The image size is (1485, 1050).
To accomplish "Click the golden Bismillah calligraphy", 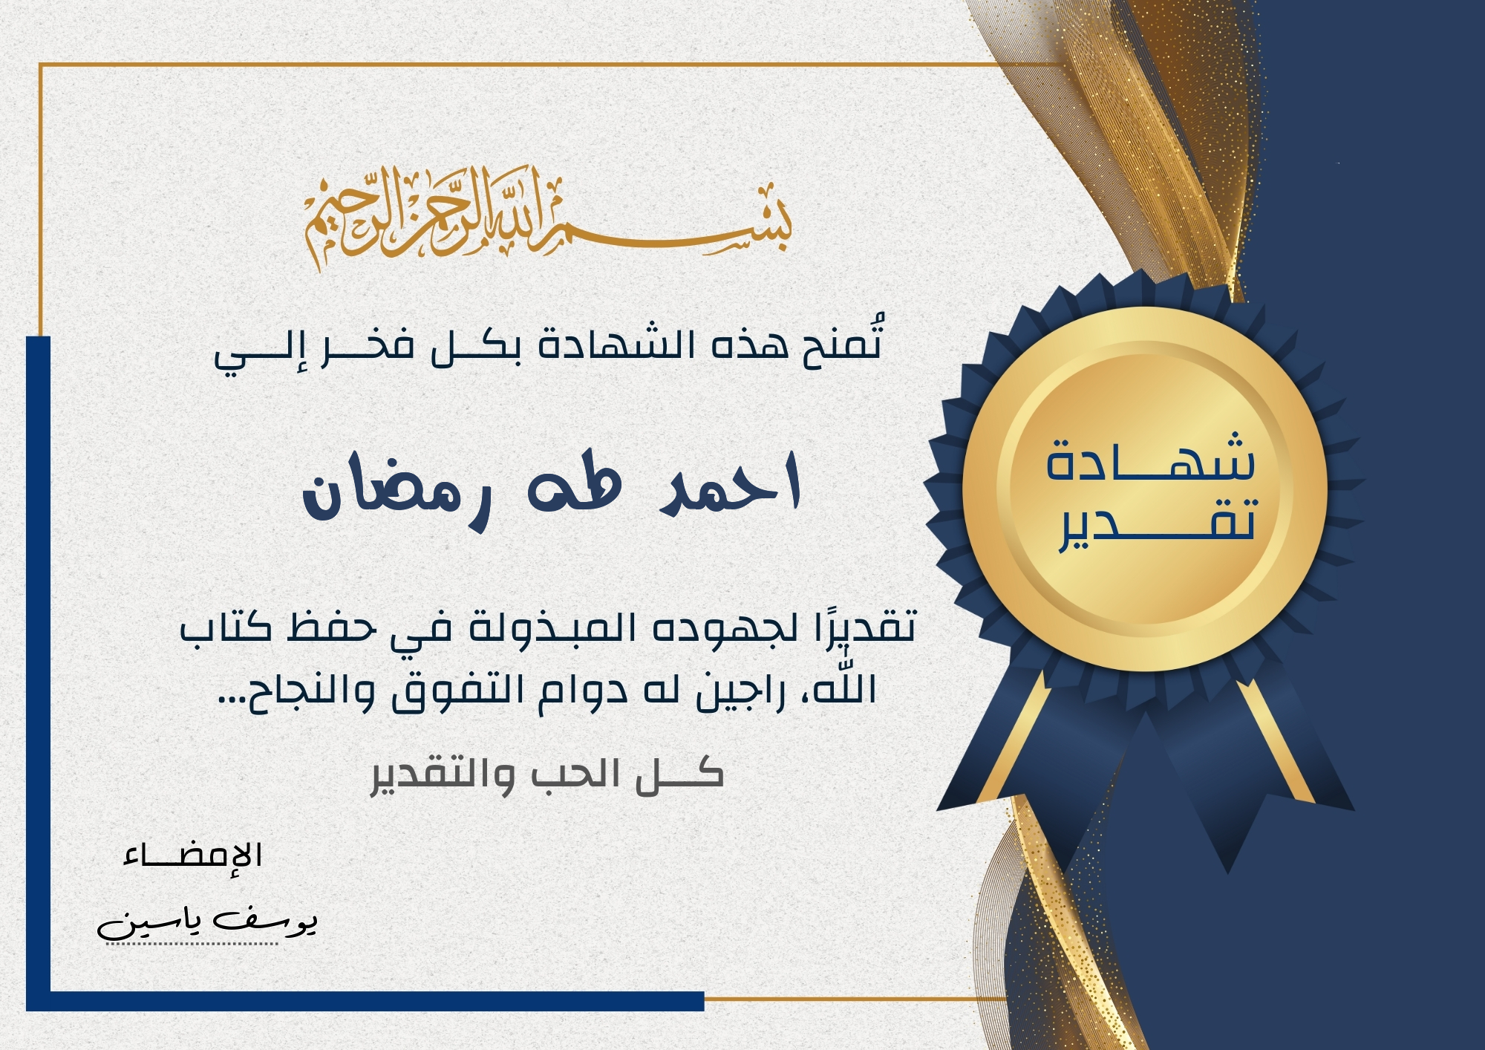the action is [548, 218].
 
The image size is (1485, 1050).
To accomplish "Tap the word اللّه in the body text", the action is [845, 688].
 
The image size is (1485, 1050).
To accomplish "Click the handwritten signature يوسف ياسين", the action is [208, 922].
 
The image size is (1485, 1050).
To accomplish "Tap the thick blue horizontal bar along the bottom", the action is [365, 1002].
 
